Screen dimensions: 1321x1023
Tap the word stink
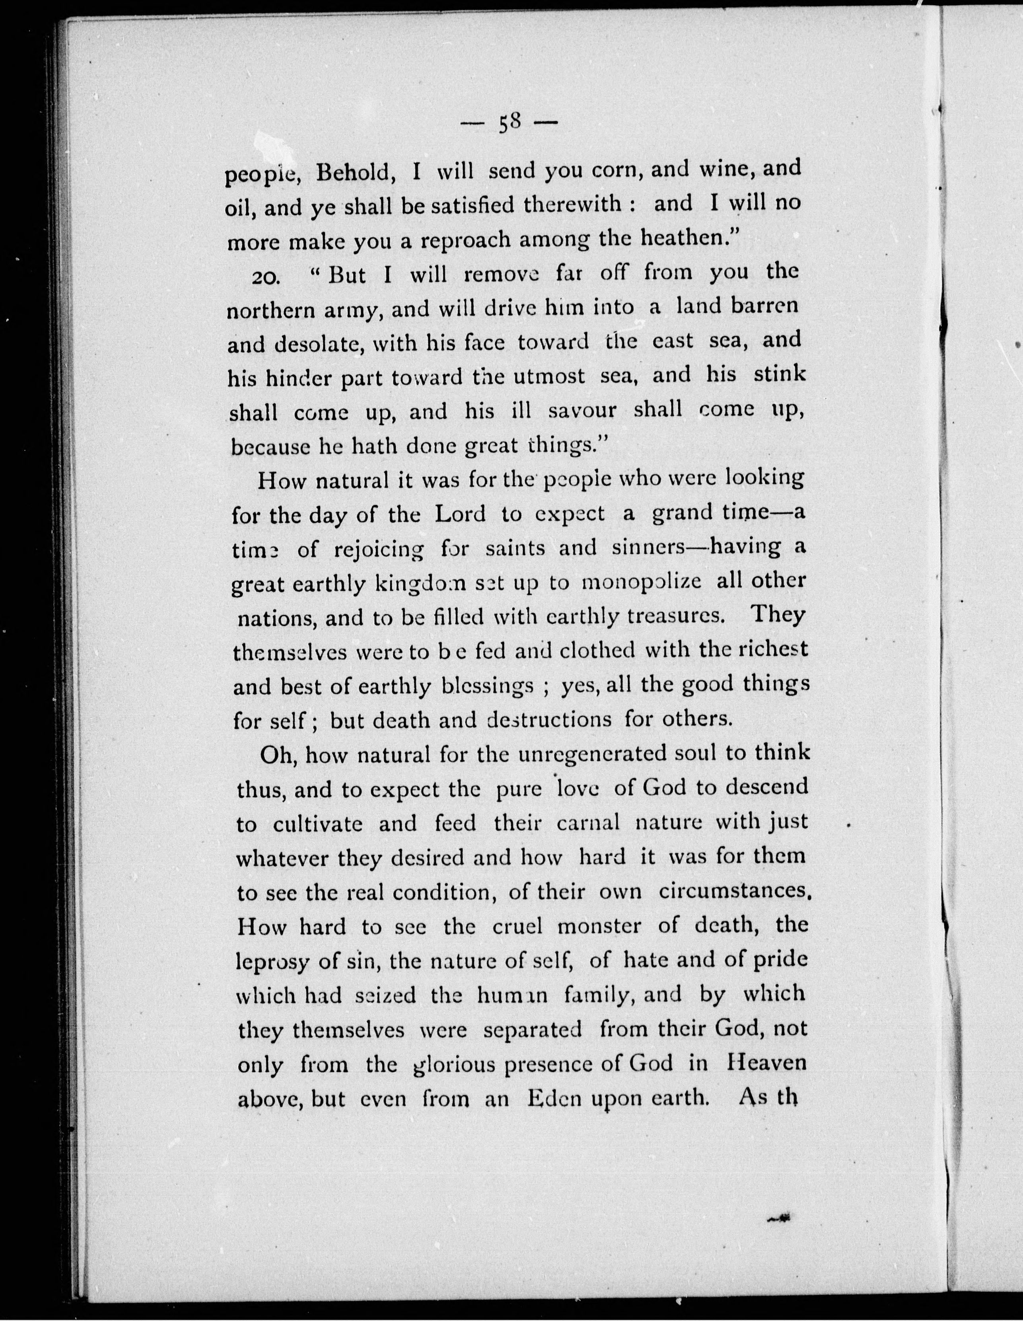point(779,374)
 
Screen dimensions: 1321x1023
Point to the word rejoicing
point(379,549)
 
